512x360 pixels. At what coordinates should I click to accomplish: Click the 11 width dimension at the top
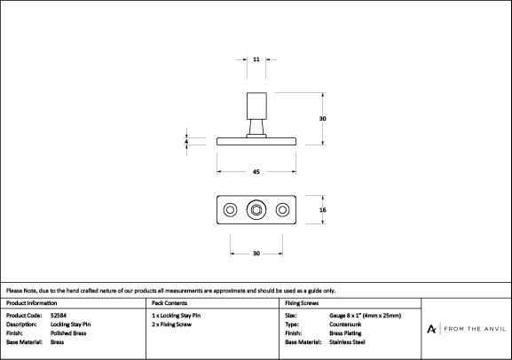point(256,59)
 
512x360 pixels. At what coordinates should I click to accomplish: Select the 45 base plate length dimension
point(256,172)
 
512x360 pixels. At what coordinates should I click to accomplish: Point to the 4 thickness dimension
point(186,142)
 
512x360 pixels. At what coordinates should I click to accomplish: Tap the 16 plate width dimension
point(323,210)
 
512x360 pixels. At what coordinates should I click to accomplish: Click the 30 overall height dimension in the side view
point(323,119)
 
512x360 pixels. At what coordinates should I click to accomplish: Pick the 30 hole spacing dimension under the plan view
point(256,254)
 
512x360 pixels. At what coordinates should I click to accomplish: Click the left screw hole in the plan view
point(230,210)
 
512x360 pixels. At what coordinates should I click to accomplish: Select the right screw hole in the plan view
point(282,210)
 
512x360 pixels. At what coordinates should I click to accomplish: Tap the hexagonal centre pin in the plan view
point(256,210)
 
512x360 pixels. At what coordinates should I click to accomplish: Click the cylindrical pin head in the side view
point(256,106)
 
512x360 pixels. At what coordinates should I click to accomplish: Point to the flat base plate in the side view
point(256,141)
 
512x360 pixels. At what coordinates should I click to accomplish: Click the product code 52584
point(59,316)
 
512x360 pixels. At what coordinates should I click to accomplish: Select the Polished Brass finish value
point(68,333)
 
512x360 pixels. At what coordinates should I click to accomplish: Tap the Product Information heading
point(32,303)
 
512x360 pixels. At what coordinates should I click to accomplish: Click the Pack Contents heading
point(169,303)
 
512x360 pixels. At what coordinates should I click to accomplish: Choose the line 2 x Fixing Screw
point(172,325)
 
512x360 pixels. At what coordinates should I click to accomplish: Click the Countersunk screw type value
point(345,325)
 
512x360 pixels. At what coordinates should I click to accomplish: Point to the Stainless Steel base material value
point(347,342)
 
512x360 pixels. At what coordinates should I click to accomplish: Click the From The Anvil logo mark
point(431,329)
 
